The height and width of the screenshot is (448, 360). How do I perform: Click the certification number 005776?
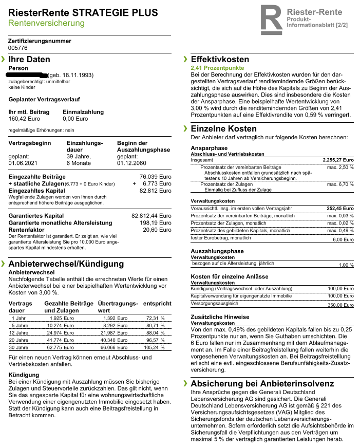(x=18, y=47)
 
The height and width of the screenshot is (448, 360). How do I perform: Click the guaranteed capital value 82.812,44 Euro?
(x=151, y=216)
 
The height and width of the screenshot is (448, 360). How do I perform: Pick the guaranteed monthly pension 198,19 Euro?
(x=157, y=223)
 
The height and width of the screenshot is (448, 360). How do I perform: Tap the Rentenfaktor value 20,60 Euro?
(x=158, y=230)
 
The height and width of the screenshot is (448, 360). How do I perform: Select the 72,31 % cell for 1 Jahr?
(x=155, y=319)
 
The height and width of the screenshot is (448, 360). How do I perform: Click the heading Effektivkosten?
(x=219, y=60)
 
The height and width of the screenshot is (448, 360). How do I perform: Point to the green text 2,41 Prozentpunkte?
(x=217, y=68)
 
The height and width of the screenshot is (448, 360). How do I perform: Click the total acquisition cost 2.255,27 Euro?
(x=338, y=160)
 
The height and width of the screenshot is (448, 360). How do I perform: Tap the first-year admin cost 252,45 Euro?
(x=341, y=208)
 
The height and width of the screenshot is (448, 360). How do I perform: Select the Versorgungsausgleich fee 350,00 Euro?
(x=341, y=305)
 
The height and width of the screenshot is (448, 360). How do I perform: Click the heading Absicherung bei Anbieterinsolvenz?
(x=262, y=384)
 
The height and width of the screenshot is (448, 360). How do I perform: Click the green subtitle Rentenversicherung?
(x=46, y=23)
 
